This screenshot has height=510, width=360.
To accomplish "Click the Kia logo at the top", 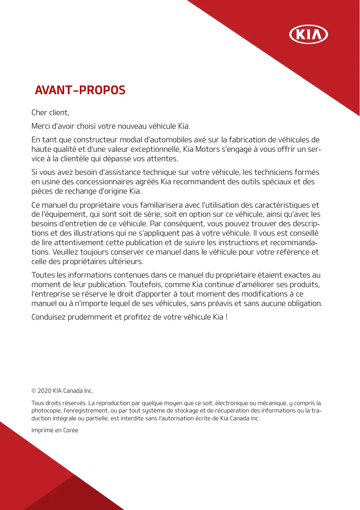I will coord(309,35).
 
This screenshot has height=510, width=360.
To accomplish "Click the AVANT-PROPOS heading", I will coord(80,90).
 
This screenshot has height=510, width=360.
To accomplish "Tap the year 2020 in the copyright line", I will coord(44,390).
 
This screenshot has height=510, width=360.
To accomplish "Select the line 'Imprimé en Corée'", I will coord(55,430).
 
